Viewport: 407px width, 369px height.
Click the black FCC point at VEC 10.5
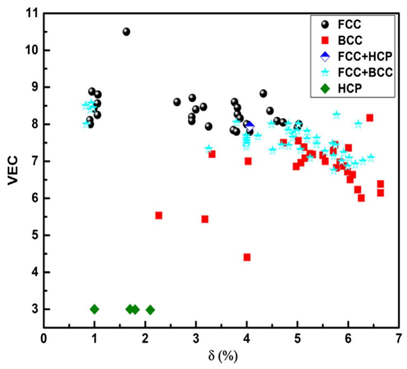click(x=126, y=32)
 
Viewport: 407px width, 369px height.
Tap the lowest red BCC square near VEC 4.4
click(x=247, y=257)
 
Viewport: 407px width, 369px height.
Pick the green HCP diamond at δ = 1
click(x=94, y=309)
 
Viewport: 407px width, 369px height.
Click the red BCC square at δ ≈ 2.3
click(x=159, y=215)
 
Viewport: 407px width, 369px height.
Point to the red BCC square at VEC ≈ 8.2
click(x=370, y=118)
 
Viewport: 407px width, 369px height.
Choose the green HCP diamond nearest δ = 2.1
click(x=150, y=309)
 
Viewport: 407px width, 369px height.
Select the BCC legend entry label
click(x=350, y=40)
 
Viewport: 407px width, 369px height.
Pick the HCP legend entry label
click(x=350, y=88)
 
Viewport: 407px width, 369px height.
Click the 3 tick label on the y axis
click(x=33, y=309)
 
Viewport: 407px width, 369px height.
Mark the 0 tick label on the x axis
click(x=43, y=338)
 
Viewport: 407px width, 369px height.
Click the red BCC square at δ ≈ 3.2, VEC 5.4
click(x=205, y=219)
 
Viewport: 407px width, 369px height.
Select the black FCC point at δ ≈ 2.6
click(x=177, y=102)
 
